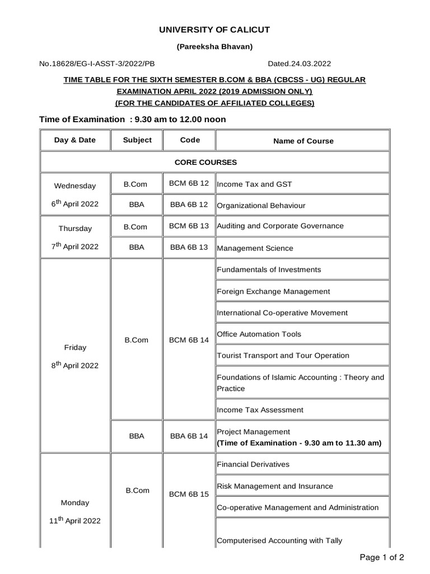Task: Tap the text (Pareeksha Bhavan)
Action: click(x=214, y=47)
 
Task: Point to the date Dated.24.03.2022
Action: click(x=300, y=64)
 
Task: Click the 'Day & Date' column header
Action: click(x=75, y=140)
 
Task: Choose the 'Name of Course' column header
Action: click(x=303, y=141)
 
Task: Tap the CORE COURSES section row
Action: click(x=214, y=162)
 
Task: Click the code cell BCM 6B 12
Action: click(x=189, y=183)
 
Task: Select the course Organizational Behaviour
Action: click(x=261, y=205)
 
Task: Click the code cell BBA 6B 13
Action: click(x=189, y=248)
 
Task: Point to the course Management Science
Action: click(x=255, y=248)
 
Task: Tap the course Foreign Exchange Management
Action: click(x=273, y=291)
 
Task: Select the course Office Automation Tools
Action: click(x=259, y=334)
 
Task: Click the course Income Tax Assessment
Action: click(x=260, y=410)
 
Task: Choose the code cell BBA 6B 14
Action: click(x=189, y=436)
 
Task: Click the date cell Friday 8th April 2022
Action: click(x=75, y=357)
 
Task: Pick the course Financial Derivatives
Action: click(x=253, y=464)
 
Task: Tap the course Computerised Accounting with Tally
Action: click(x=279, y=540)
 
